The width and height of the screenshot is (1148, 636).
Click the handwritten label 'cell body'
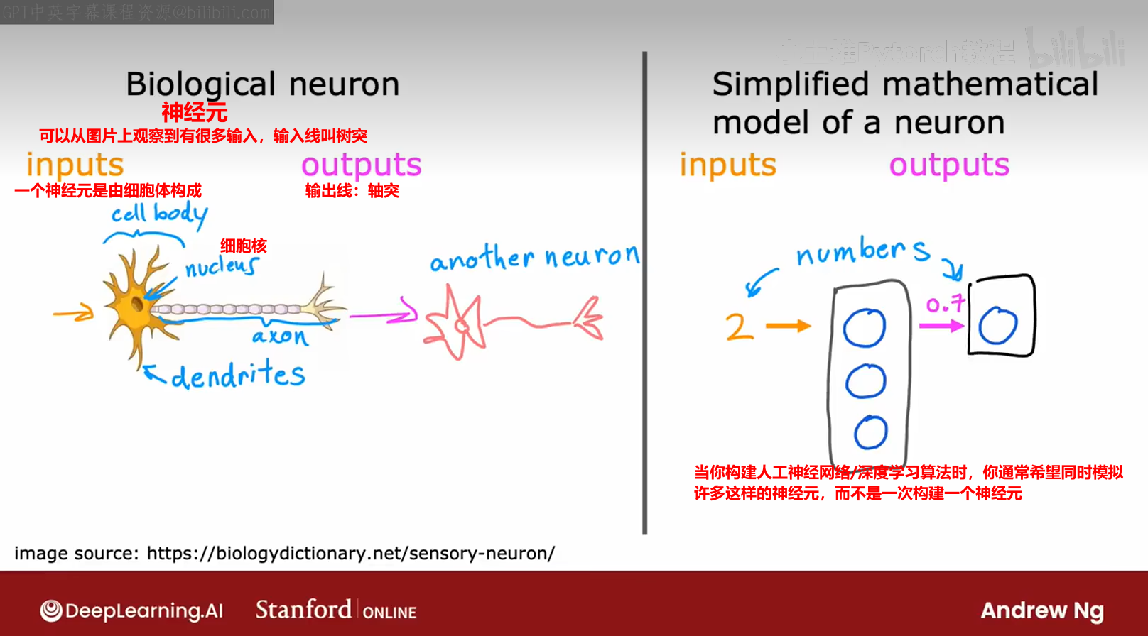coord(159,214)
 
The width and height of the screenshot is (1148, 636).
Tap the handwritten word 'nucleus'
coord(222,266)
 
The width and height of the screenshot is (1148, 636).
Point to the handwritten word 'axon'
coord(281,336)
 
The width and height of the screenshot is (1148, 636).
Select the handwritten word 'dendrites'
coord(238,374)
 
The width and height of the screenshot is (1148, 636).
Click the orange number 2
coord(739,327)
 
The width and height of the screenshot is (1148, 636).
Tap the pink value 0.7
coord(945,305)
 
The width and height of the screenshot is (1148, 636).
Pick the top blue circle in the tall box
coord(865,328)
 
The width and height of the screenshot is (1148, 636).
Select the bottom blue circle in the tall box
coord(870,432)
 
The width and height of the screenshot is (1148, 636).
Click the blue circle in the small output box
coord(998,326)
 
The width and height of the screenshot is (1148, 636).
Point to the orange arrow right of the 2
coord(789,326)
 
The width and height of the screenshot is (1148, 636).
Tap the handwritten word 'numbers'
coord(862,251)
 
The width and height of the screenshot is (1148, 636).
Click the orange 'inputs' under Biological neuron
coord(75,165)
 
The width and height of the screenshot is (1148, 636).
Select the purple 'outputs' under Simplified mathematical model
coord(949,165)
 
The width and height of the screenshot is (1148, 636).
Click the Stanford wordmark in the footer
coord(303,610)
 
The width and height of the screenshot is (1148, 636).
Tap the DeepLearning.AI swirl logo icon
coord(51,610)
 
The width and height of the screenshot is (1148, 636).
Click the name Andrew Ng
coord(1042,610)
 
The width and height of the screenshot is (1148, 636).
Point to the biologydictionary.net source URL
coord(351,554)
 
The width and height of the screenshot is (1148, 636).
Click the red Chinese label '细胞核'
coord(244,246)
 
